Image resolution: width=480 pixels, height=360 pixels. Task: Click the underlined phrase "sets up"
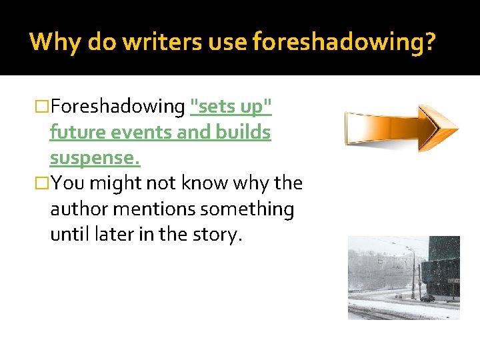(231, 107)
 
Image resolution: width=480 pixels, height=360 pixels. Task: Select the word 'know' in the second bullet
(195, 183)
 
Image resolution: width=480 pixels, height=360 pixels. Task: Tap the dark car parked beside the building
(427, 298)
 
